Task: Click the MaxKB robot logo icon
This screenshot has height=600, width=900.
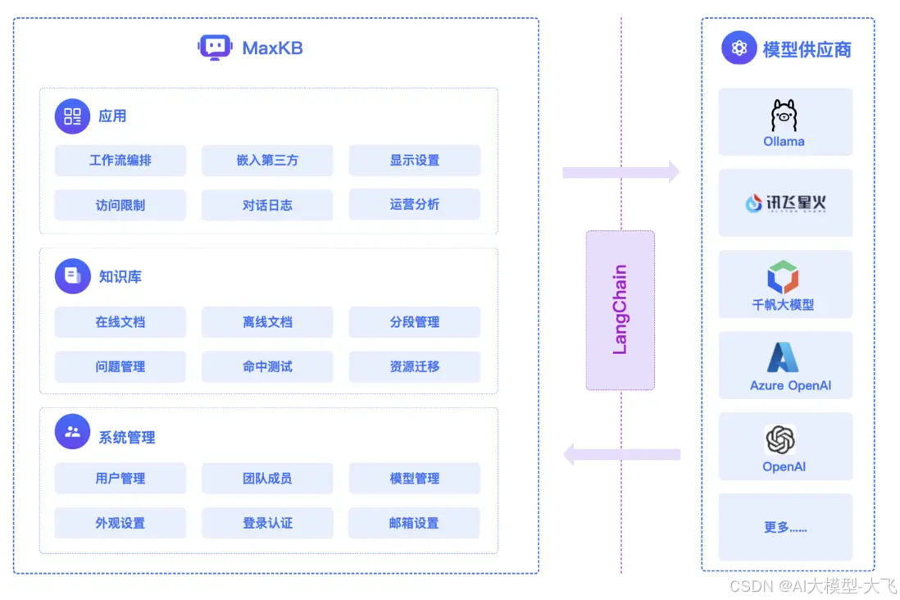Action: click(215, 48)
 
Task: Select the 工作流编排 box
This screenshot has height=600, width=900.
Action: click(120, 161)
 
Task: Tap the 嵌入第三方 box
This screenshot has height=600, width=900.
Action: click(267, 161)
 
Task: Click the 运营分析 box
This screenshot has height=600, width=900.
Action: click(414, 204)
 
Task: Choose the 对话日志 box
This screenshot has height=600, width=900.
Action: click(267, 205)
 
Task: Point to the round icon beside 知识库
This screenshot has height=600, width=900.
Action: click(72, 276)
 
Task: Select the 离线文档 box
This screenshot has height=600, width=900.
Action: click(267, 322)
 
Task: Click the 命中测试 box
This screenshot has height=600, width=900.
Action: click(267, 366)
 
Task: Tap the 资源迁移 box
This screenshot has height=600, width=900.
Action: click(414, 366)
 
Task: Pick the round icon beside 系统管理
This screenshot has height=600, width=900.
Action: click(72, 431)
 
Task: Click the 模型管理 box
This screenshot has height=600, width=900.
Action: click(414, 479)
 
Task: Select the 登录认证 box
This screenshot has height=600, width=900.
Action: click(267, 523)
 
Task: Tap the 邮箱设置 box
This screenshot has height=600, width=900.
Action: click(414, 523)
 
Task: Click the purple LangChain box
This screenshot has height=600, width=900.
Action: click(620, 310)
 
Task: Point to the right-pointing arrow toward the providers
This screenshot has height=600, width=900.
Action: click(620, 172)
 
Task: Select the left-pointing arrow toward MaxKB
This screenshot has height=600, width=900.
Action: click(620, 454)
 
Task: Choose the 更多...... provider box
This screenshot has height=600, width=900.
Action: click(785, 527)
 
